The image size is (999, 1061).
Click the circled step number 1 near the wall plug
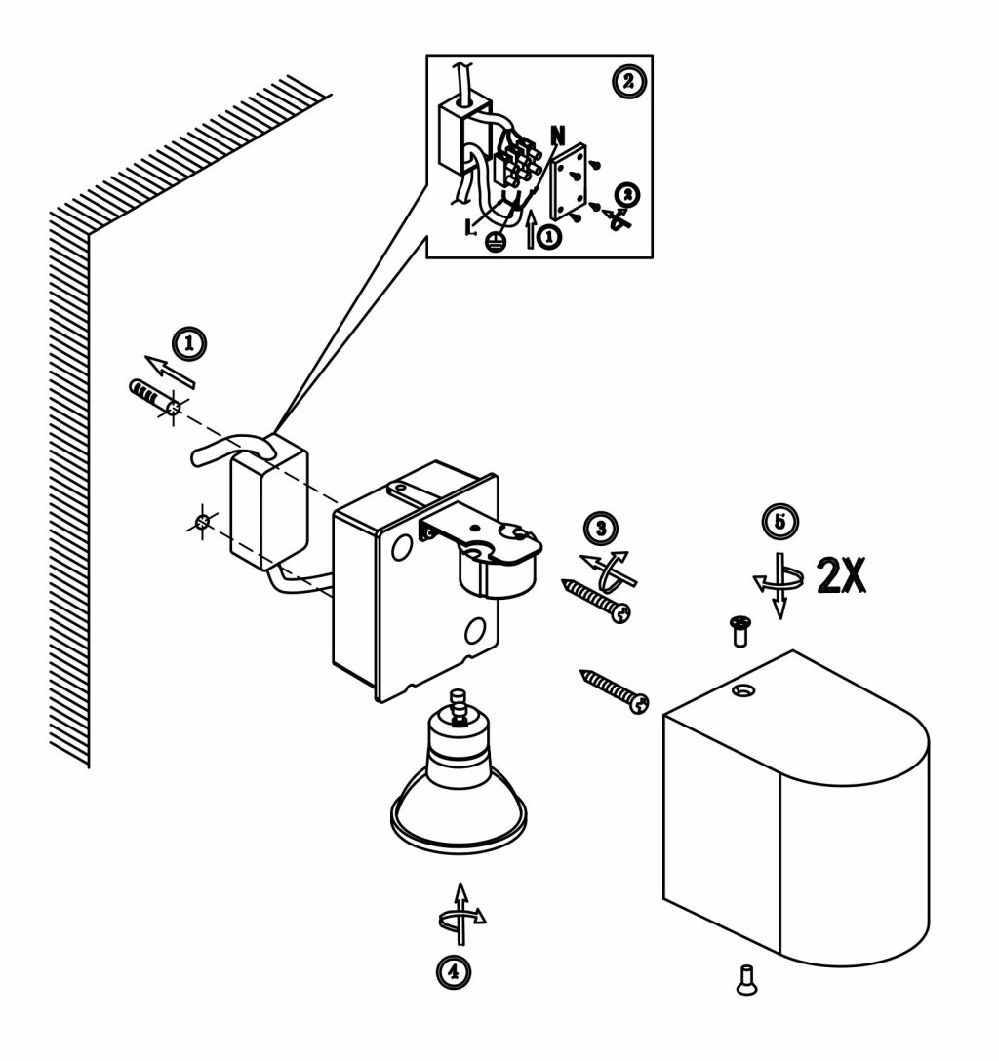[189, 343]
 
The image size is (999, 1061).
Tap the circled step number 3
[601, 528]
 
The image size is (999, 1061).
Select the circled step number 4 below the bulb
[453, 971]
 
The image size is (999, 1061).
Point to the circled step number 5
[780, 522]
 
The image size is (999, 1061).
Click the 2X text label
[841, 575]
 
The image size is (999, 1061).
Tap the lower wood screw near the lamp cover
[615, 690]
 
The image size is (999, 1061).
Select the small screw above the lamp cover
[739, 631]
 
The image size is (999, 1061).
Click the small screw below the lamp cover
[746, 980]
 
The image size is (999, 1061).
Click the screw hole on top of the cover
[743, 690]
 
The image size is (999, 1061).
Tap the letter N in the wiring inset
[558, 136]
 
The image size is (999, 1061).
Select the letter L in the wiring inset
[469, 226]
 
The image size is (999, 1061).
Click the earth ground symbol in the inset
[496, 242]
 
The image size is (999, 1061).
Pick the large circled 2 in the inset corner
[629, 82]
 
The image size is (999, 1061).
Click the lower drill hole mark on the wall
[202, 522]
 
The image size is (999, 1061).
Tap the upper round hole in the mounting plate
[401, 547]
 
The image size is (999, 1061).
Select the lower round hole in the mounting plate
[475, 631]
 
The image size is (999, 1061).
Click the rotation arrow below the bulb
[461, 915]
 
